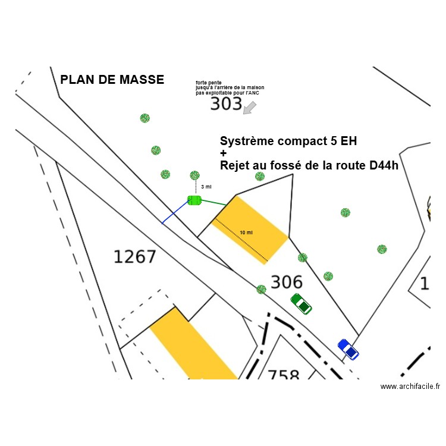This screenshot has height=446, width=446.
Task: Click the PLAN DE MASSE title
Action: [112, 80]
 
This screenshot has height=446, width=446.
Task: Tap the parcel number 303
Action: [226, 105]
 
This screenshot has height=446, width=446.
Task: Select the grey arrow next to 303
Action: [250, 108]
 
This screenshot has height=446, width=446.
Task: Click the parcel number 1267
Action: [135, 257]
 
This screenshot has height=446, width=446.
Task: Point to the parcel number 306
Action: [287, 282]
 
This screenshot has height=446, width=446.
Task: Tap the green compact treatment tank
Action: [194, 200]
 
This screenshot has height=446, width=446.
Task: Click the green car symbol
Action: [301, 303]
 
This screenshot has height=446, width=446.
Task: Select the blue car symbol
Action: [348, 349]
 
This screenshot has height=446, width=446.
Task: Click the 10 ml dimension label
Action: [246, 233]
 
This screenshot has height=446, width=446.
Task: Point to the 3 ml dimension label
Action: [206, 187]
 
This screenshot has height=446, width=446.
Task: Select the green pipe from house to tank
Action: [213, 203]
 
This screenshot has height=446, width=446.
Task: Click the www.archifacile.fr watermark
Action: [410, 387]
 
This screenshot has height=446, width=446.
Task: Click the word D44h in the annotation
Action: [383, 165]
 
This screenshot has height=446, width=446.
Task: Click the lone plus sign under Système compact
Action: [224, 153]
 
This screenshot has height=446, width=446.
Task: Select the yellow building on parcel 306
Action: [250, 230]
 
